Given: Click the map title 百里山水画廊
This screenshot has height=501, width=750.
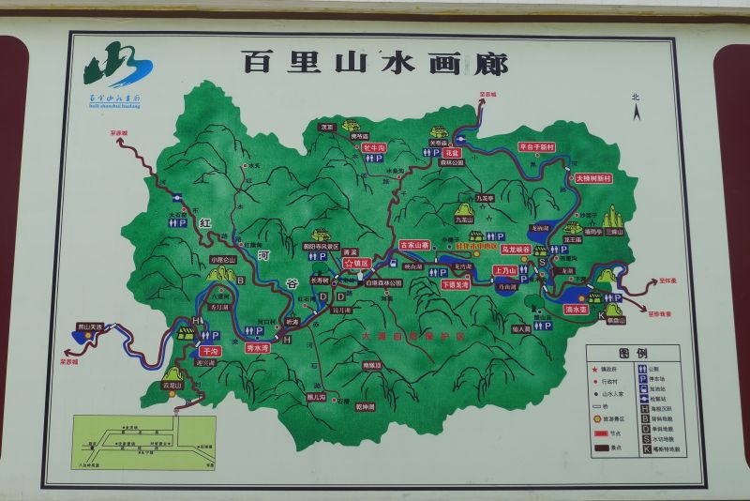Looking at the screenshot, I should pyautogui.click(x=375, y=63).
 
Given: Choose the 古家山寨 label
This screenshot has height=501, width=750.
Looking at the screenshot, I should pyautogui.click(x=414, y=245).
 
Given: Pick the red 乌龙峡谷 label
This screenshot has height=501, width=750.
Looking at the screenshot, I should pyautogui.click(x=516, y=250).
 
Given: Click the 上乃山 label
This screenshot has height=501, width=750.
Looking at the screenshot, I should pyautogui.click(x=505, y=270).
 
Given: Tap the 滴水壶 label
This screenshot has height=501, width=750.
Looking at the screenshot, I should pyautogui.click(x=576, y=308).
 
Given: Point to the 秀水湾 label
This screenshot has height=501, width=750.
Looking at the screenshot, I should pyautogui.click(x=258, y=347).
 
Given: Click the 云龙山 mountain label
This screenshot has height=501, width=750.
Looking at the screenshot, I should pyautogui.click(x=171, y=384).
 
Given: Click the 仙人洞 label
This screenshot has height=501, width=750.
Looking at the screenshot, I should pyautogui.click(x=521, y=328).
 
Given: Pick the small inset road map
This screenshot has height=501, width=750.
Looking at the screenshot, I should pyautogui.click(x=143, y=442).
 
